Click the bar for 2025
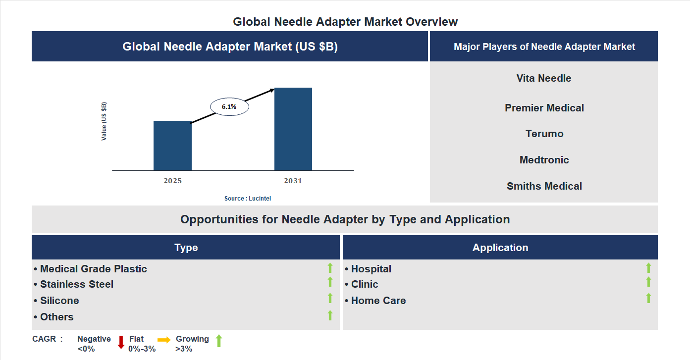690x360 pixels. tap(172, 146)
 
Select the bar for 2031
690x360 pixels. tap(293, 129)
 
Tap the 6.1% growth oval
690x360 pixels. tap(229, 106)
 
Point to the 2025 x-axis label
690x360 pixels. tap(172, 181)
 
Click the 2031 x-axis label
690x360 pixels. tap(293, 181)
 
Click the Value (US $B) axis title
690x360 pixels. tap(104, 121)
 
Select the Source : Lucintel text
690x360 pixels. tap(248, 198)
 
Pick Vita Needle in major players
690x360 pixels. tap(544, 78)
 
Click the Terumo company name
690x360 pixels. tap(544, 134)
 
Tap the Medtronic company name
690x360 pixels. tap(544, 160)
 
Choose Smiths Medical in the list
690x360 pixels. tap(544, 186)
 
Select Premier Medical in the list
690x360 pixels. tap(544, 108)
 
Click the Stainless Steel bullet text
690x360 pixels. tap(77, 284)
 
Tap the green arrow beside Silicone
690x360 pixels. tap(330, 298)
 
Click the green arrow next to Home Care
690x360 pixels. tap(648, 298)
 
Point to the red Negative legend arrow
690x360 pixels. tap(121, 342)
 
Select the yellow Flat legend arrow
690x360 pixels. tap(164, 340)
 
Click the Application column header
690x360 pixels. tap(500, 248)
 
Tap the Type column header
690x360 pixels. tap(186, 248)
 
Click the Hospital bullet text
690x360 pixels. tap(371, 269)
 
